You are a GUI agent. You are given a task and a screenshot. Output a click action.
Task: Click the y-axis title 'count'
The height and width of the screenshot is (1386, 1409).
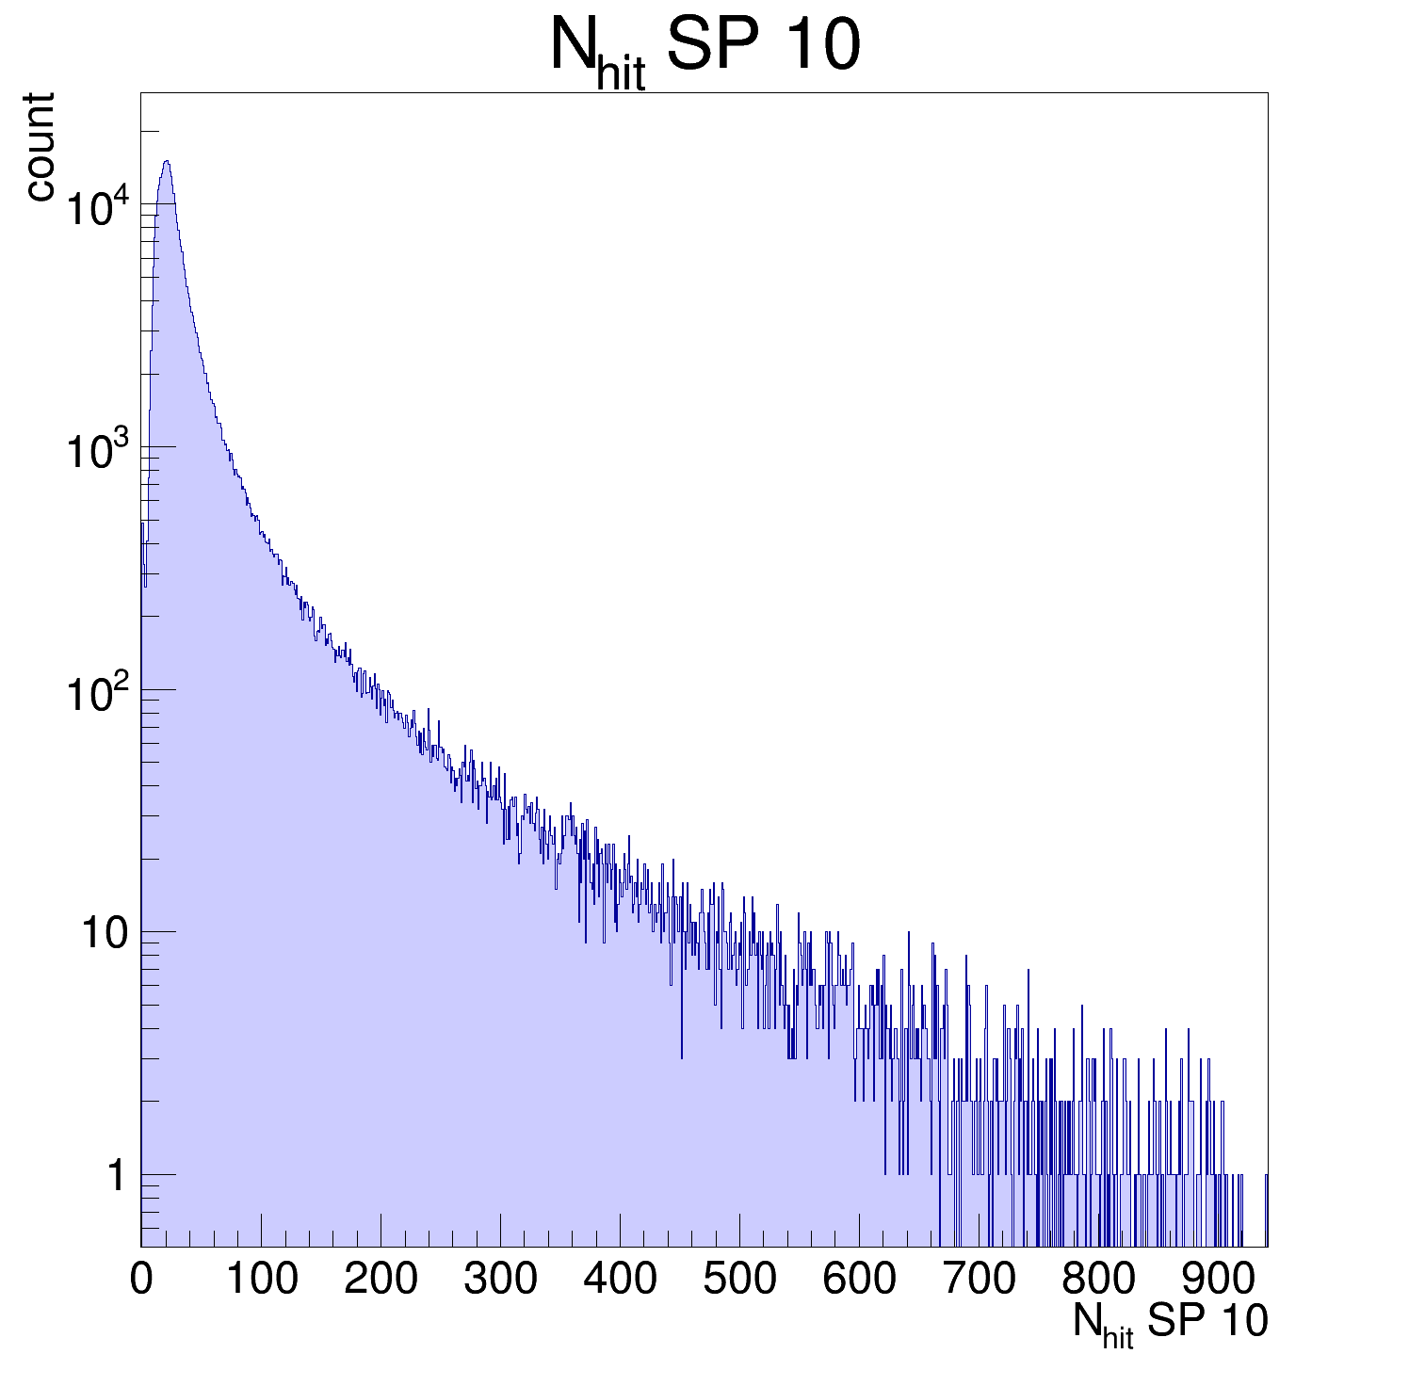coord(40,147)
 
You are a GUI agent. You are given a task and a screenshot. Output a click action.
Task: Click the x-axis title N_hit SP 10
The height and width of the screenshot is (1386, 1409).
coord(1170,1323)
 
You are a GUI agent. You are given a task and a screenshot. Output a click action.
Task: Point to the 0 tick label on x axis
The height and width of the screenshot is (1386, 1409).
coord(141,1280)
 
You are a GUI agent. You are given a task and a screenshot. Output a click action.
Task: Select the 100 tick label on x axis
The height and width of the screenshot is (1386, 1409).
coord(261,1280)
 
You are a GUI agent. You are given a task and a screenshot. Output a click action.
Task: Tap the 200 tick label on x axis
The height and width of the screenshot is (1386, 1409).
coord(381,1280)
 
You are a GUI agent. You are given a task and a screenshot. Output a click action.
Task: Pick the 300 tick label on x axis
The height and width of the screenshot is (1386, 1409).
coord(500,1280)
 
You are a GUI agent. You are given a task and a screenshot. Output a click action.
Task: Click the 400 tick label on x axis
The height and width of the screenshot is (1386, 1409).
coord(620,1280)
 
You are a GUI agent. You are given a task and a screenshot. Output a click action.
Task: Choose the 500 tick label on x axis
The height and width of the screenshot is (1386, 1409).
coord(739,1280)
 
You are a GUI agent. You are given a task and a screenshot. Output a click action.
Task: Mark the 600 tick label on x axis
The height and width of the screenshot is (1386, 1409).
coord(859,1280)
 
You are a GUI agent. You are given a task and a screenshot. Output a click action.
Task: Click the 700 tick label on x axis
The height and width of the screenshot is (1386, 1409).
coord(979,1280)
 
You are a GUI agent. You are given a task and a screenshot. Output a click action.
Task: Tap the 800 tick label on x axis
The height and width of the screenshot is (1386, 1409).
coord(1098,1280)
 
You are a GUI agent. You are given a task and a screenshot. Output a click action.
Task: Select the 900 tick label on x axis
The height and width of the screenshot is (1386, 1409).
coord(1218,1280)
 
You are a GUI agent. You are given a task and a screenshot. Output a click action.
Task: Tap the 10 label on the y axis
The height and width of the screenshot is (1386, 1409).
coord(103,934)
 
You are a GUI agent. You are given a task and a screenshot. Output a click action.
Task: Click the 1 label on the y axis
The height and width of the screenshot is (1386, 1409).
coord(116,1176)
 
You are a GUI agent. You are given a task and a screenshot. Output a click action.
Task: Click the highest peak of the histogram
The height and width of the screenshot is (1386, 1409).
coord(167,162)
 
